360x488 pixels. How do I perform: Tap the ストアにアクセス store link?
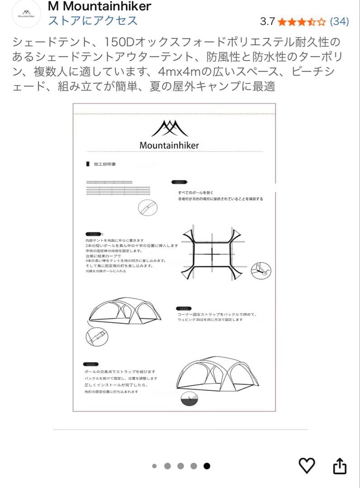[x=93, y=21]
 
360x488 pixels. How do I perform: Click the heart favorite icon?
[x=307, y=465]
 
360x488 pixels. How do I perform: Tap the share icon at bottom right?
[x=340, y=466]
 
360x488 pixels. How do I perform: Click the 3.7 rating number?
[x=267, y=21]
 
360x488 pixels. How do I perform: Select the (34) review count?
[x=339, y=21]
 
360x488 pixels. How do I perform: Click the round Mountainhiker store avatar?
[x=26, y=14]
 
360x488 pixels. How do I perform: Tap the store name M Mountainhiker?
[x=99, y=6]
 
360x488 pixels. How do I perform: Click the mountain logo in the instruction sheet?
[x=169, y=128]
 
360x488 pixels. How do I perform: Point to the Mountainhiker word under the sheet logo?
[x=169, y=145]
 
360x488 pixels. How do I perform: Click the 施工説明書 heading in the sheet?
[x=104, y=164]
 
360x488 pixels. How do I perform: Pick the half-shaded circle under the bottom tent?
[x=189, y=400]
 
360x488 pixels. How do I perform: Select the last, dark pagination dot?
[x=207, y=466]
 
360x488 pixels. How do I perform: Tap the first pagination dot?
[x=154, y=466]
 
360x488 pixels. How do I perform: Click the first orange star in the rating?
[x=282, y=21]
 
